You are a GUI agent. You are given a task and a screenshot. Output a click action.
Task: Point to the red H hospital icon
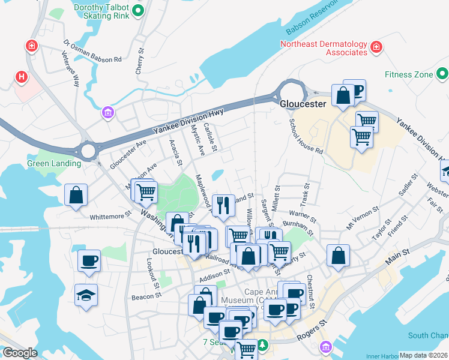[22, 77]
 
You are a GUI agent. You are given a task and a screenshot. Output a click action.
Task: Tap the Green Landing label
[54, 163]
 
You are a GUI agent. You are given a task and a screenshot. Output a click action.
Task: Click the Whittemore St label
[110, 216]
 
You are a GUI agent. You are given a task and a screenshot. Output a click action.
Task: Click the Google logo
[20, 353]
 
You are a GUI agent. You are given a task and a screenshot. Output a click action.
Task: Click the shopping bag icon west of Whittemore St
[76, 195]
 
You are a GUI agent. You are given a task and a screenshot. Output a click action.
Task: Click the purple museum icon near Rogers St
[326, 347]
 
